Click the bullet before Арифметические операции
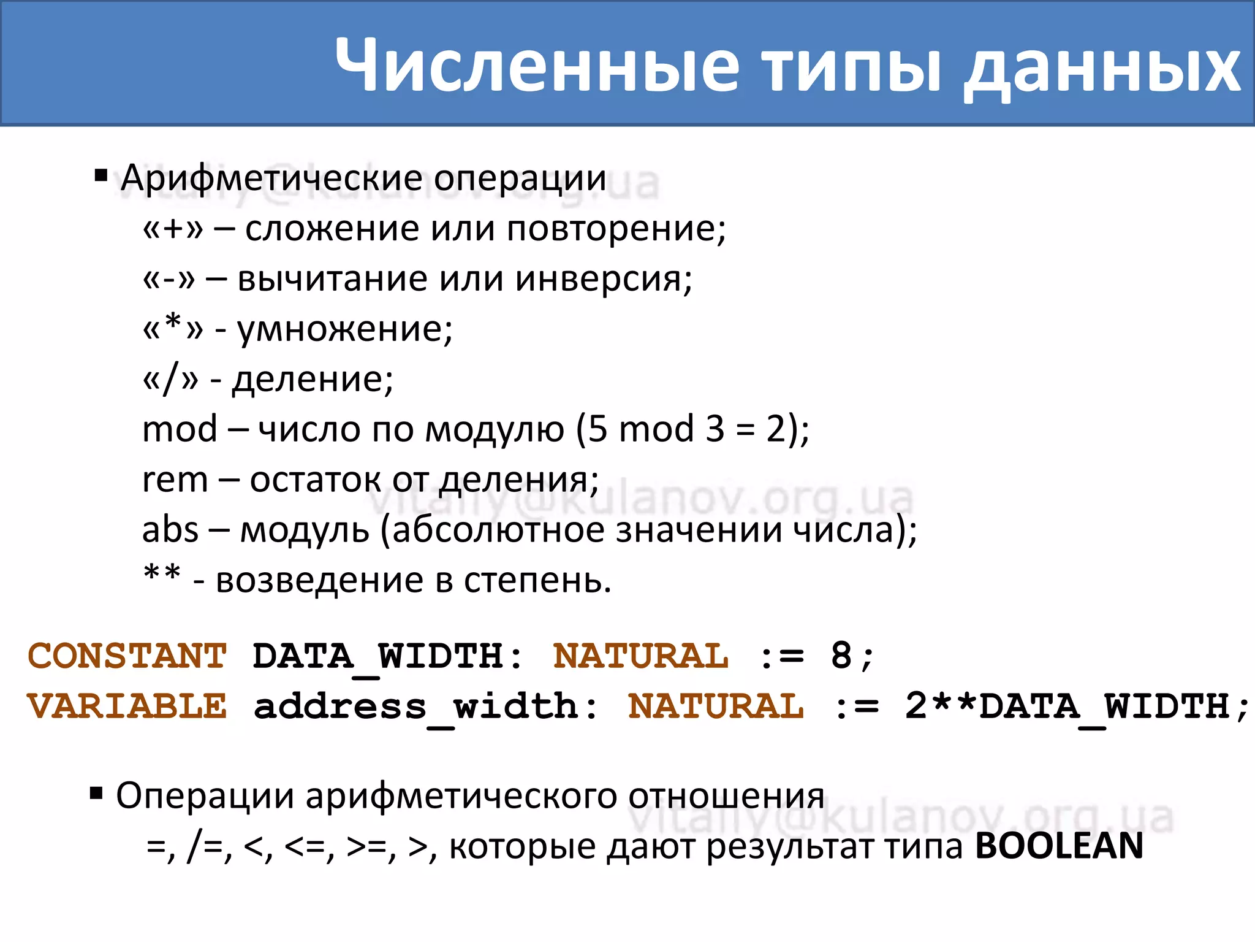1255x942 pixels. [x=101, y=177]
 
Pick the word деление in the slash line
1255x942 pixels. [x=313, y=380]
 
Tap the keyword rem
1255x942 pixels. [x=175, y=479]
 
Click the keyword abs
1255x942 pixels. [x=170, y=529]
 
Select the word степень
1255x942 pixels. [x=537, y=580]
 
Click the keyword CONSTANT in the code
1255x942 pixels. [x=127, y=656]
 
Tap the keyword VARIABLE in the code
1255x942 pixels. [x=127, y=706]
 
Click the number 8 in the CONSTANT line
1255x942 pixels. [x=841, y=656]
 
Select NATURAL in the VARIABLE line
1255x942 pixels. [x=716, y=706]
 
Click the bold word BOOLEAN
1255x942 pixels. [x=1059, y=846]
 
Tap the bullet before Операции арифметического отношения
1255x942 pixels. [x=96, y=795]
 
